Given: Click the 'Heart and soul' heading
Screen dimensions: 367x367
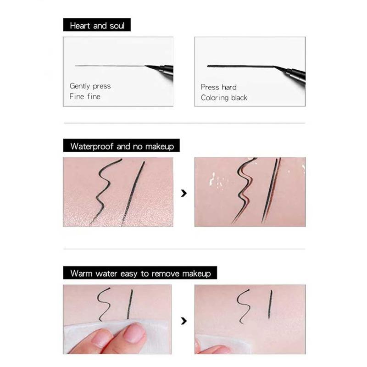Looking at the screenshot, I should coord(97,25).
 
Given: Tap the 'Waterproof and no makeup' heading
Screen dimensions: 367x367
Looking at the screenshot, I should coord(122,146).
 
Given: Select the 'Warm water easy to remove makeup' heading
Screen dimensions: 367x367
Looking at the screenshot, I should coord(140,273).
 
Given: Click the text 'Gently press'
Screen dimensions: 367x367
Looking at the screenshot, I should coord(90,86).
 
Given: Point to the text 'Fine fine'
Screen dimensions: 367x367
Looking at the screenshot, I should coord(84,96).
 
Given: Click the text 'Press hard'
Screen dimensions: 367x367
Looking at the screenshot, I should coord(218,87).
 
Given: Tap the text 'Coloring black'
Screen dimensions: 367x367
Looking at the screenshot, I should coord(224,97).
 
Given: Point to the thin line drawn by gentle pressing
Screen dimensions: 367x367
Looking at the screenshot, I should coord(110,66).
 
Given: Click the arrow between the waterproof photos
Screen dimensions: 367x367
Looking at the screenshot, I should coord(184,193).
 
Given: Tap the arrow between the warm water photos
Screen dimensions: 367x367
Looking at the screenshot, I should coord(184,320).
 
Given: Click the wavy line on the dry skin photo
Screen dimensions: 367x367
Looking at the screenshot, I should coord(106,188).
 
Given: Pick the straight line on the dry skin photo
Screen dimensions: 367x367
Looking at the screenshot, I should coord(133,193).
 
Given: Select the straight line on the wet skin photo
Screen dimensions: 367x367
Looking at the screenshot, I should coord(271,190).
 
